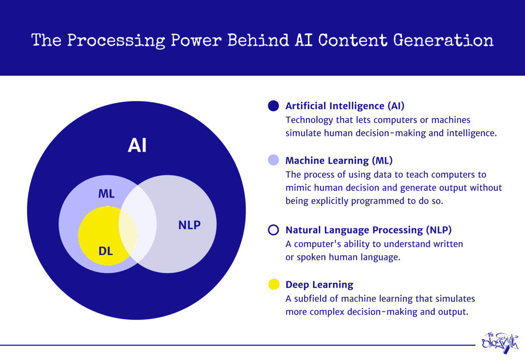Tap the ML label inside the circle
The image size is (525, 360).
(106, 194)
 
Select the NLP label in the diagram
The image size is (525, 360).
(189, 225)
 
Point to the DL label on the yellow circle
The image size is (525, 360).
(105, 251)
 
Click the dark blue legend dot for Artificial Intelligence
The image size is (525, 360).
(273, 106)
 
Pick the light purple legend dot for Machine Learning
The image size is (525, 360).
(273, 160)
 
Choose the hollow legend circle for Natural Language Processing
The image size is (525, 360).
(273, 230)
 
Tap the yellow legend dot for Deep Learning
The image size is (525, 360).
(273, 285)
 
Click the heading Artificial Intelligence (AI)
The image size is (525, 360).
(347, 106)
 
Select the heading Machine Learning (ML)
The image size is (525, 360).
(339, 161)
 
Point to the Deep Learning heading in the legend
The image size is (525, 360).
(319, 285)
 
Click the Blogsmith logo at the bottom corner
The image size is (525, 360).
(498, 343)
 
